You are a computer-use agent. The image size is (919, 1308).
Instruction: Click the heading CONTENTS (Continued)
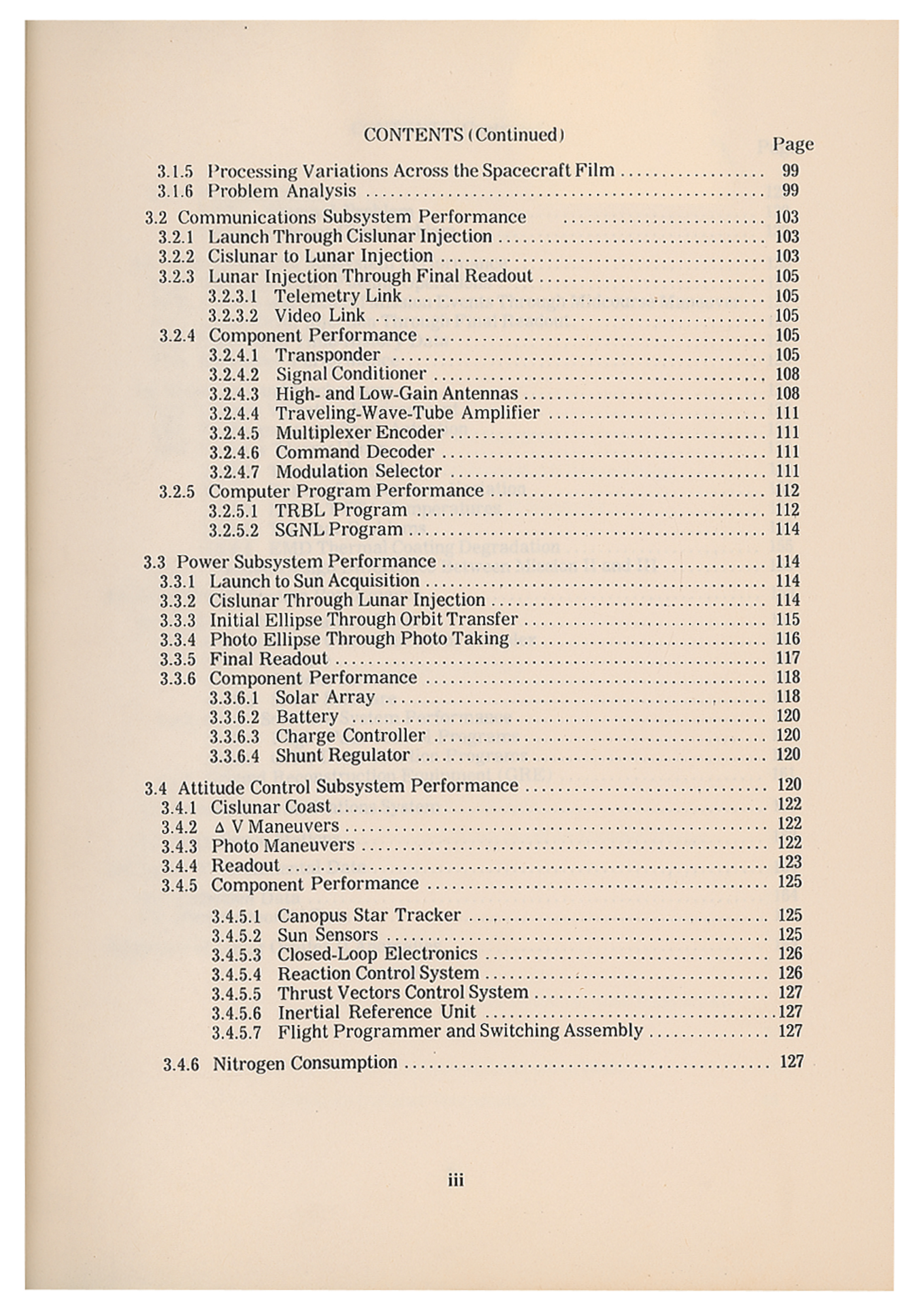click(x=464, y=135)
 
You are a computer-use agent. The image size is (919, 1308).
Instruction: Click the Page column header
click(x=793, y=144)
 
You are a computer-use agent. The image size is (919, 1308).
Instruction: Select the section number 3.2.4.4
click(x=234, y=413)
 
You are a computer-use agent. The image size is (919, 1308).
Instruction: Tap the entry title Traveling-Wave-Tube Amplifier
click(x=407, y=413)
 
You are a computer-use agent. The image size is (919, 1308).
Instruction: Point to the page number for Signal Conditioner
click(x=787, y=374)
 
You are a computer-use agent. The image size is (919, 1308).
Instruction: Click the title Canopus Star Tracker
click(x=369, y=915)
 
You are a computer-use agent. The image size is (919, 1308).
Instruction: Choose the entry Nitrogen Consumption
click(x=305, y=1063)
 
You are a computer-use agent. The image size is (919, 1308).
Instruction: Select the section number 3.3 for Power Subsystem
click(x=155, y=562)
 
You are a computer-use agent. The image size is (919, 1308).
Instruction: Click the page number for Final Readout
click(x=788, y=658)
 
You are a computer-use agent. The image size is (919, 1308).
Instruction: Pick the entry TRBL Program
click(x=340, y=510)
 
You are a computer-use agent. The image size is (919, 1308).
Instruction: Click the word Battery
click(x=307, y=717)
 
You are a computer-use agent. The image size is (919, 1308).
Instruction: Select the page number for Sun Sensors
click(x=789, y=935)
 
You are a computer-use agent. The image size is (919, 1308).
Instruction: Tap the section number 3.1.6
click(x=175, y=192)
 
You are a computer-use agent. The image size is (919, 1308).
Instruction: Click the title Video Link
click(x=319, y=316)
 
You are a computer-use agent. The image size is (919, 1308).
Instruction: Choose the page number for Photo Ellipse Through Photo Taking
click(x=788, y=639)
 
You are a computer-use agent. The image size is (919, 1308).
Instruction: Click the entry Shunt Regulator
click(x=342, y=755)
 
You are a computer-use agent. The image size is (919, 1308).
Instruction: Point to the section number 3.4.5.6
click(x=235, y=1013)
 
